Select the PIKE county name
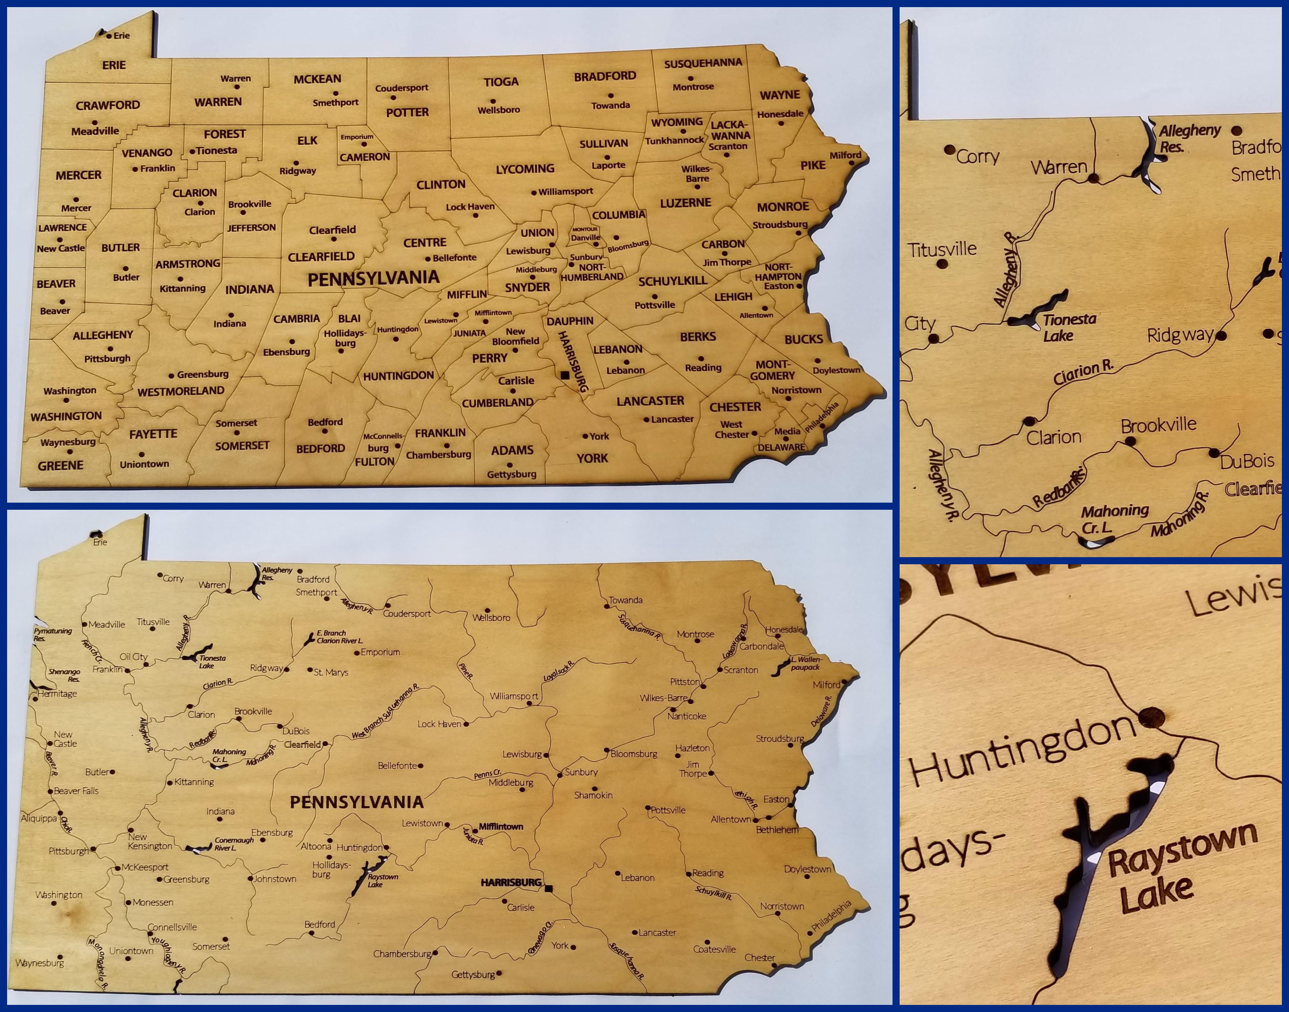click(x=812, y=165)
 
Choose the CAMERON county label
click(x=365, y=157)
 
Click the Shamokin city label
click(x=593, y=795)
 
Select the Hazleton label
click(x=692, y=748)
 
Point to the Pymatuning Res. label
click(x=52, y=635)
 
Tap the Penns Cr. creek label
click(x=487, y=774)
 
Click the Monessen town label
click(x=153, y=902)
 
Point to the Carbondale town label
click(x=761, y=646)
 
